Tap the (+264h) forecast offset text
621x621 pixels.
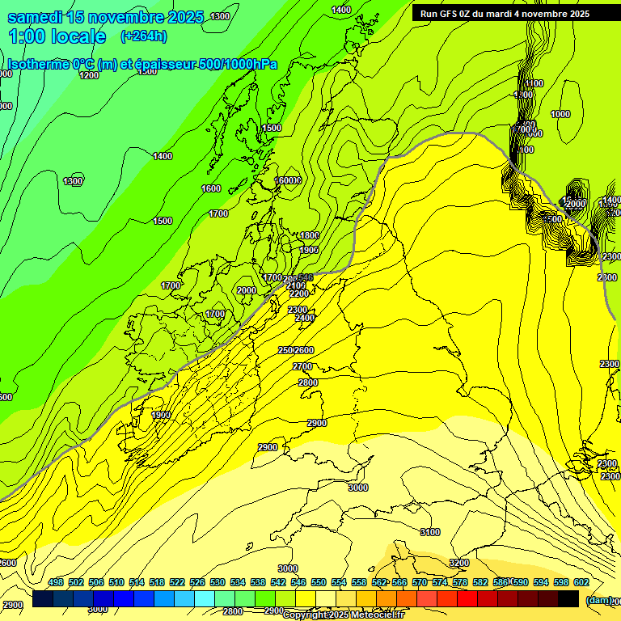143,36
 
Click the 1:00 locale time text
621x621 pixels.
57,36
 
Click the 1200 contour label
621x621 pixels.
89,75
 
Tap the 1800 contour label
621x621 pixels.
309,235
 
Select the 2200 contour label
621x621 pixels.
298,294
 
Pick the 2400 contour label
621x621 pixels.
304,318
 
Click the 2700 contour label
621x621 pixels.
302,366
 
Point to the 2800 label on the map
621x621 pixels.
307,382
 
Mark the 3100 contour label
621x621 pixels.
430,532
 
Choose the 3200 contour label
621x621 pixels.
459,563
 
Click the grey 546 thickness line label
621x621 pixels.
305,277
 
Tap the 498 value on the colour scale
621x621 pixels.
56,582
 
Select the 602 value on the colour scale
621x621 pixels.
581,582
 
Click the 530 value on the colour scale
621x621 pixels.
218,582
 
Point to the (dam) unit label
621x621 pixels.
598,600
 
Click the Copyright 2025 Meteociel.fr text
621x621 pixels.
343,615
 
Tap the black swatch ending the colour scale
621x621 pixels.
568,598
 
